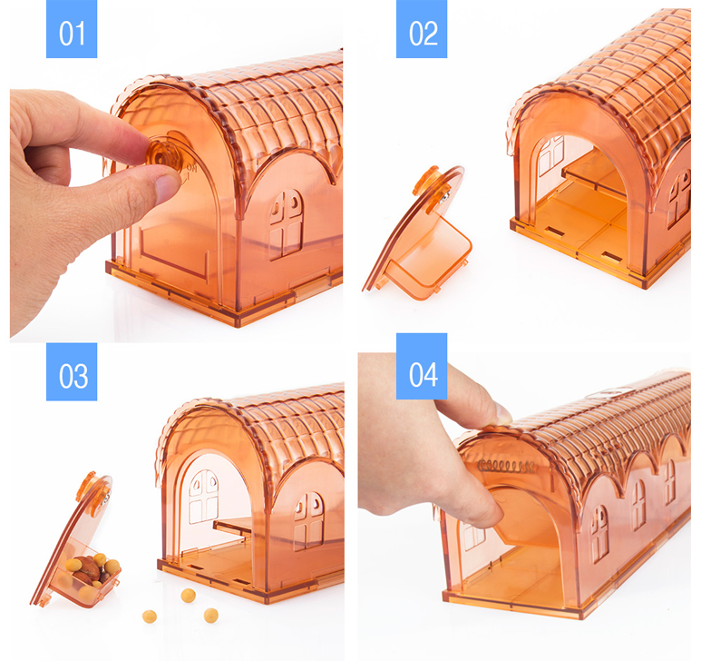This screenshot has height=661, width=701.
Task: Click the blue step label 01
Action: pos(72,29)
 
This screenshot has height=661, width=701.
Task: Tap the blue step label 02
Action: pos(422,29)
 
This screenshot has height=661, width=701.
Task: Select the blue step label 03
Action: pos(72,371)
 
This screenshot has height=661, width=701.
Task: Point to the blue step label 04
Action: pos(422,366)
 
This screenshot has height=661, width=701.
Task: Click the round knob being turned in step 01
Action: pos(164,155)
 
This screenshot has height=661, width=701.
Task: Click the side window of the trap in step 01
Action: pos(287,223)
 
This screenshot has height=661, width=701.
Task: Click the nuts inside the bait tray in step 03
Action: pos(92,571)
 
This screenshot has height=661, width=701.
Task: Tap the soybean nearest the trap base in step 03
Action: pos(189,596)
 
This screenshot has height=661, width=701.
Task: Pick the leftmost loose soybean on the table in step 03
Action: pos(150,617)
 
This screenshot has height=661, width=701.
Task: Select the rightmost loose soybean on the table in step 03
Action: pos(211,615)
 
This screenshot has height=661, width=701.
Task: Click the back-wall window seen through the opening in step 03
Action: pos(203,496)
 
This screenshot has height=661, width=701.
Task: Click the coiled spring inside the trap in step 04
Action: pos(507,466)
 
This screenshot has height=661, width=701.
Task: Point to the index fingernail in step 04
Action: pos(503,414)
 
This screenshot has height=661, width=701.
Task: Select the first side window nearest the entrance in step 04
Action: pos(599,534)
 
